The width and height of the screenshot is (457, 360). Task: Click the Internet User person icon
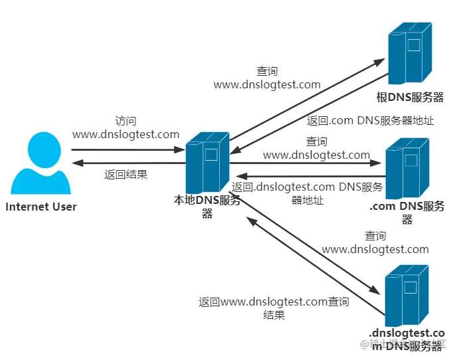click(x=41, y=162)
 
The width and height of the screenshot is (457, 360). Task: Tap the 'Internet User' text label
click(x=41, y=207)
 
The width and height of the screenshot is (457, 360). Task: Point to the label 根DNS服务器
click(x=410, y=98)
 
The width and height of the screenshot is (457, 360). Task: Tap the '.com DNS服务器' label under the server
click(x=407, y=213)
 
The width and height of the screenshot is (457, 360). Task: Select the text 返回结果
click(x=126, y=175)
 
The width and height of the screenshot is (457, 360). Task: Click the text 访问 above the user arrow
click(x=126, y=121)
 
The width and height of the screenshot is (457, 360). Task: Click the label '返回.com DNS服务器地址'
click(x=370, y=121)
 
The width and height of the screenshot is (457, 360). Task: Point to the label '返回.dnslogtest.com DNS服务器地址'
click(x=308, y=193)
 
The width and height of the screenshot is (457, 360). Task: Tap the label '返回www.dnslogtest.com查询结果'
click(x=274, y=308)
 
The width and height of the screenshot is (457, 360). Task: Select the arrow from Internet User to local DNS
click(x=126, y=149)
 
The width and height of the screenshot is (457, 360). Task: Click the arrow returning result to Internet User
click(x=126, y=163)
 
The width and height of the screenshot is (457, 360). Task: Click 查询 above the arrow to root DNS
click(x=267, y=71)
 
